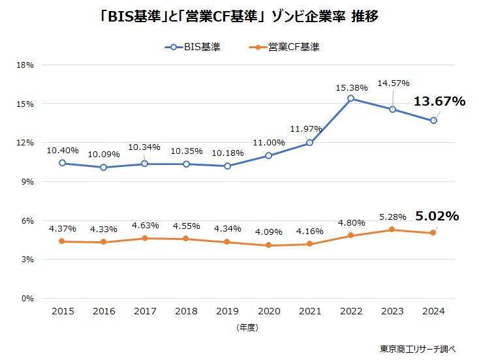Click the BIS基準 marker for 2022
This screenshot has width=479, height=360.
[x=350, y=98]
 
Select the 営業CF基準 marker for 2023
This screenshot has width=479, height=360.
[x=392, y=230]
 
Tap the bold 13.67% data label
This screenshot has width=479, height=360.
[x=439, y=101]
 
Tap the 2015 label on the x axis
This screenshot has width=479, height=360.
[x=62, y=312]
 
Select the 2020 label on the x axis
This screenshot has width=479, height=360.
[x=268, y=312]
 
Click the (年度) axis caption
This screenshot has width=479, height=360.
[x=247, y=328]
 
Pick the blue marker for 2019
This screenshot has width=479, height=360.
[x=226, y=166]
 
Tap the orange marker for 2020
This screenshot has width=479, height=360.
[x=268, y=245]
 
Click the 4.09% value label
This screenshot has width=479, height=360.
[x=268, y=231]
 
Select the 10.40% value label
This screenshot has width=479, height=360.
[x=62, y=150]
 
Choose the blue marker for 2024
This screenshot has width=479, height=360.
[x=433, y=121]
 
